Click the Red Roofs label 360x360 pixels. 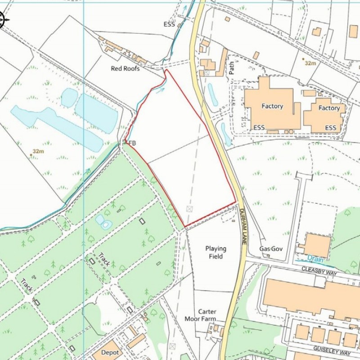pyautogui.click(x=125, y=68)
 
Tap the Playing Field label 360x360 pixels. pyautogui.click(x=216, y=252)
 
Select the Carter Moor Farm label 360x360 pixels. pyautogui.click(x=201, y=315)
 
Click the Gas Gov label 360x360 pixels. pyautogui.click(x=270, y=249)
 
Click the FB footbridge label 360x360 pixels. pyautogui.click(x=132, y=143)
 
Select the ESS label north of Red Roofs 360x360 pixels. pyautogui.click(x=169, y=25)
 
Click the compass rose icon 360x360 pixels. pyautogui.click(x=1, y=19)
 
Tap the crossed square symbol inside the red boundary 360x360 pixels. pyautogui.click(x=189, y=209)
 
